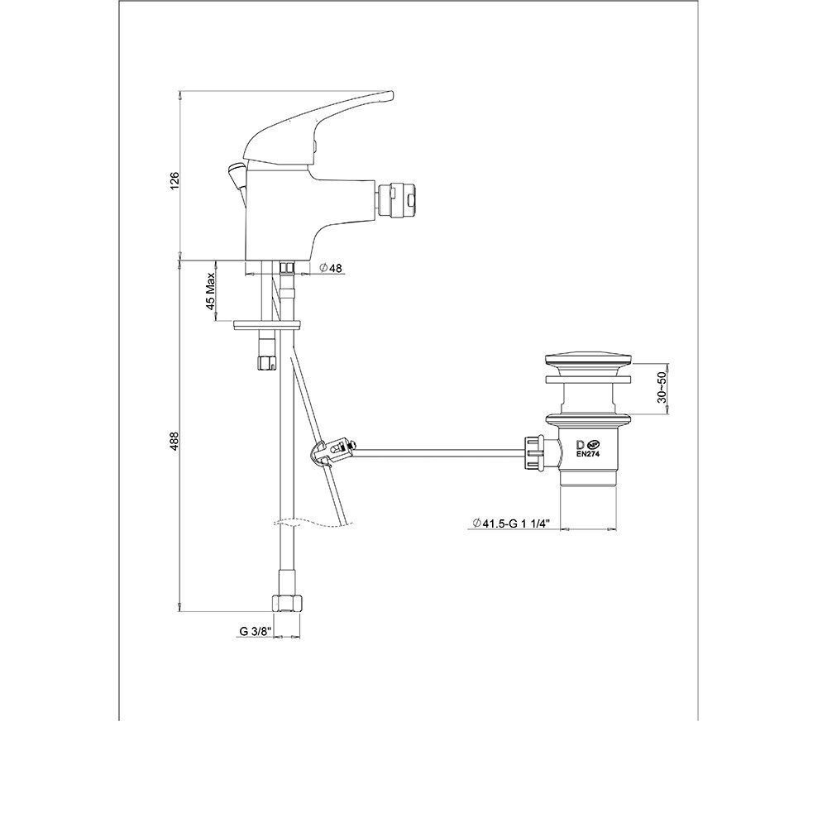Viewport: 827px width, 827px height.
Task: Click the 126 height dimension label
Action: [x=175, y=180]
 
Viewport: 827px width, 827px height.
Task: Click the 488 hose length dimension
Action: [x=175, y=441]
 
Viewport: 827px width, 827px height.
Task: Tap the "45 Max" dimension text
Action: [x=211, y=291]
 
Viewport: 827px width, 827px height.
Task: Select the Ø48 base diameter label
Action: [x=331, y=269]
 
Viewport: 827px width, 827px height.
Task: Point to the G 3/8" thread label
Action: [x=256, y=631]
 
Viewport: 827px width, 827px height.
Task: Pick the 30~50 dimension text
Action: [x=662, y=388]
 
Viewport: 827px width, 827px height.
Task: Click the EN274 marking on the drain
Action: [x=589, y=452]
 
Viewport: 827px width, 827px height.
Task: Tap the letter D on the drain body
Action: [x=581, y=443]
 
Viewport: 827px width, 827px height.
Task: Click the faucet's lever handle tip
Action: [x=390, y=95]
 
